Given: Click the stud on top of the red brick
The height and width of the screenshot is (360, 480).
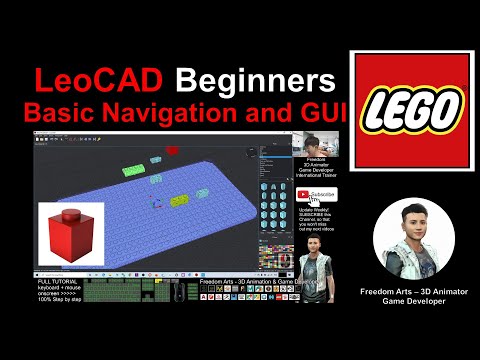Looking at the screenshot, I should pos(70,213).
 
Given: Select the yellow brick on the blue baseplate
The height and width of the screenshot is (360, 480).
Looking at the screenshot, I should pos(180,201).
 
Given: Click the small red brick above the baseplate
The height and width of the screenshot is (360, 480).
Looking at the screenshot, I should pos(171,151).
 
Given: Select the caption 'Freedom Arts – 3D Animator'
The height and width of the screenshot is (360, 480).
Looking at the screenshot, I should pos(413,291).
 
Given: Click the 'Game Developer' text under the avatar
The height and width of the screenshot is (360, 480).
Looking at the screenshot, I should pos(413,301).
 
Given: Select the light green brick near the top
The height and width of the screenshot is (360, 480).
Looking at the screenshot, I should pos(133,170).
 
